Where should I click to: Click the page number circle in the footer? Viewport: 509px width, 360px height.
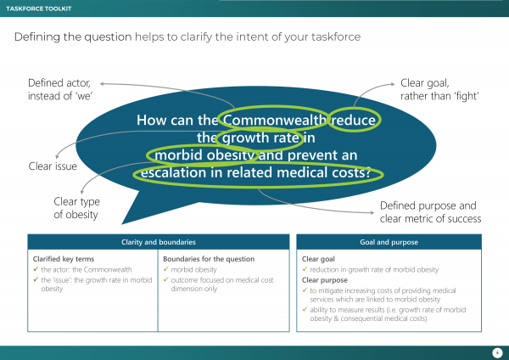[495, 352]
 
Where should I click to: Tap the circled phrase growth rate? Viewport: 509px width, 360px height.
[253, 138]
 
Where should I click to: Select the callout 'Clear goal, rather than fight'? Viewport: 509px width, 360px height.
[440, 90]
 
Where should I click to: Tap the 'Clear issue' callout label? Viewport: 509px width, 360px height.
[53, 166]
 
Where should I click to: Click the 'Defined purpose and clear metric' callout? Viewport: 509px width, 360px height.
[430, 211]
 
